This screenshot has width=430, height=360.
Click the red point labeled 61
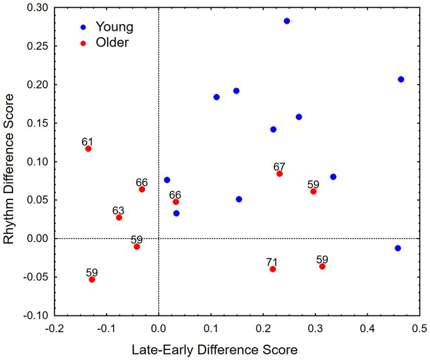89,149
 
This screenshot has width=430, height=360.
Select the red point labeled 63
119,218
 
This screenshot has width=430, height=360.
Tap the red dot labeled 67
279,174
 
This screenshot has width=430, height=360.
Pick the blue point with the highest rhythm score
287,21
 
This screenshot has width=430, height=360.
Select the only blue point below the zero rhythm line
398,248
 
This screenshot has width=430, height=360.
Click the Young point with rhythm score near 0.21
401,79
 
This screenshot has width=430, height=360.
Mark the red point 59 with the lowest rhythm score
92,279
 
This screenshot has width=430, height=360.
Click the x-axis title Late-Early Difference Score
214,350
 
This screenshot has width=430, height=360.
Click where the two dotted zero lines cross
158,238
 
